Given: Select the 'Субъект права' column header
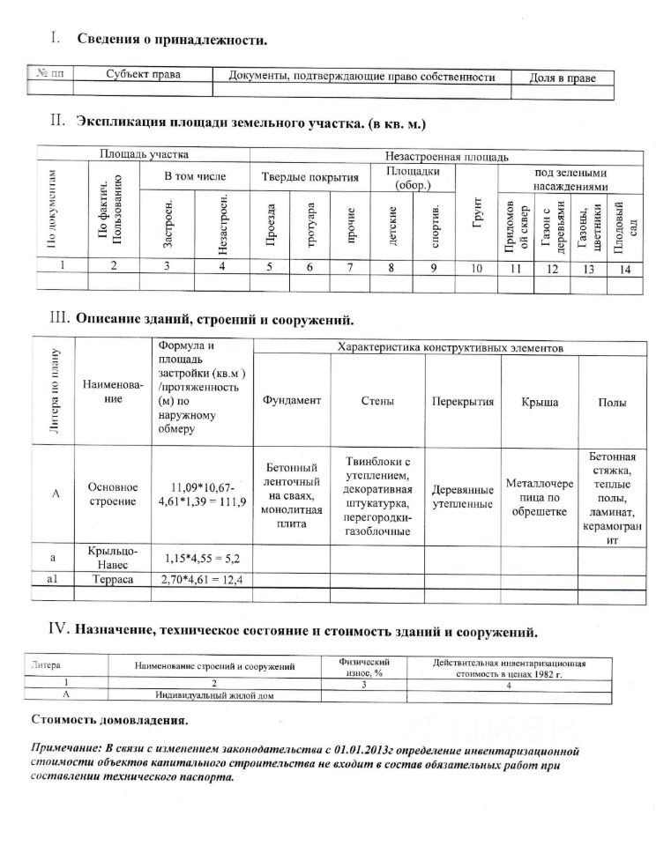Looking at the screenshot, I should pos(142,76).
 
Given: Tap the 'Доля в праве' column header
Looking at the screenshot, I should pos(562,78).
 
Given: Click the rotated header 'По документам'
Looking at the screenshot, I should pos(53,208).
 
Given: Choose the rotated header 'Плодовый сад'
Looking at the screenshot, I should pos(622,228).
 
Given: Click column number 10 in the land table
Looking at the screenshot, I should pos(476,269).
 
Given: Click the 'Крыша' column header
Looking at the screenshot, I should pos(539,402).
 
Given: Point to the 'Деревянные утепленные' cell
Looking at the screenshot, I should pos(462,496).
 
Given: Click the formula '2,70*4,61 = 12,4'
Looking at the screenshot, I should pos(202,579).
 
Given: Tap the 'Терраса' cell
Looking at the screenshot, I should pos(113,579).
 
